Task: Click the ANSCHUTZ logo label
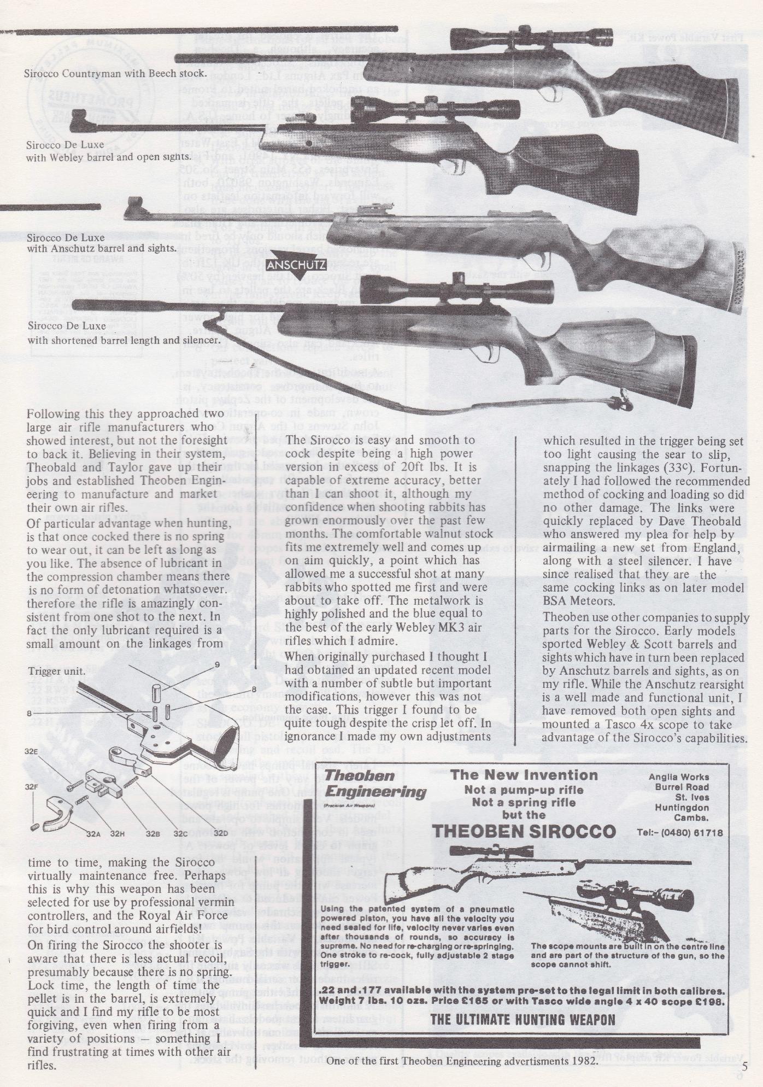(x=296, y=265)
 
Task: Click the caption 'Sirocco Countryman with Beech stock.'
(x=115, y=73)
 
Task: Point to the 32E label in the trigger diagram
(x=32, y=752)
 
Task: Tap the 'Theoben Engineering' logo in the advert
(x=375, y=784)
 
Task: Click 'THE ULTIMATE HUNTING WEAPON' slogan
(x=523, y=1020)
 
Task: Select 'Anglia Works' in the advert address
(x=679, y=776)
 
